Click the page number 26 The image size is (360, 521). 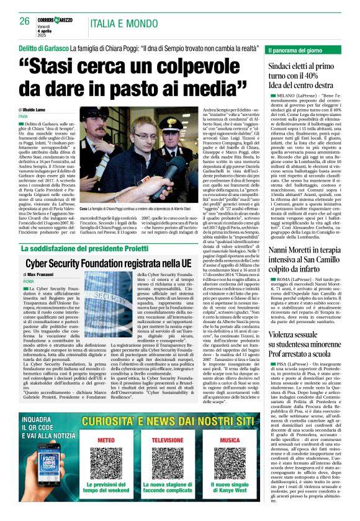click(24, 20)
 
